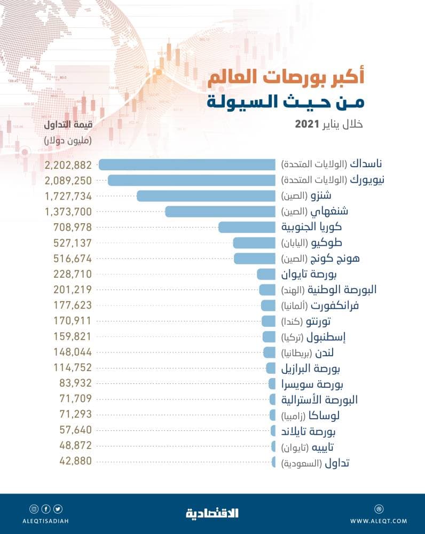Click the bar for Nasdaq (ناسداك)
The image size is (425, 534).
pyautogui.click(x=187, y=164)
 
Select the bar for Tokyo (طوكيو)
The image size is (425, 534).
pyautogui.click(x=254, y=243)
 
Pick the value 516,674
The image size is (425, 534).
pyautogui.click(x=73, y=258)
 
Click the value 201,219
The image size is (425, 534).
pyautogui.click(x=73, y=290)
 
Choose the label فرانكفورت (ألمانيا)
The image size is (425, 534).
pyautogui.click(x=328, y=305)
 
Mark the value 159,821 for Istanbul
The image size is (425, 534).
pyautogui.click(x=73, y=337)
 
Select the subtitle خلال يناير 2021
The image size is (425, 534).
pyautogui.click(x=329, y=124)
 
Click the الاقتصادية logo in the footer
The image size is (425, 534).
pyautogui.click(x=212, y=513)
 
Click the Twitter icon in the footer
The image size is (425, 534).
pyautogui.click(x=58, y=509)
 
